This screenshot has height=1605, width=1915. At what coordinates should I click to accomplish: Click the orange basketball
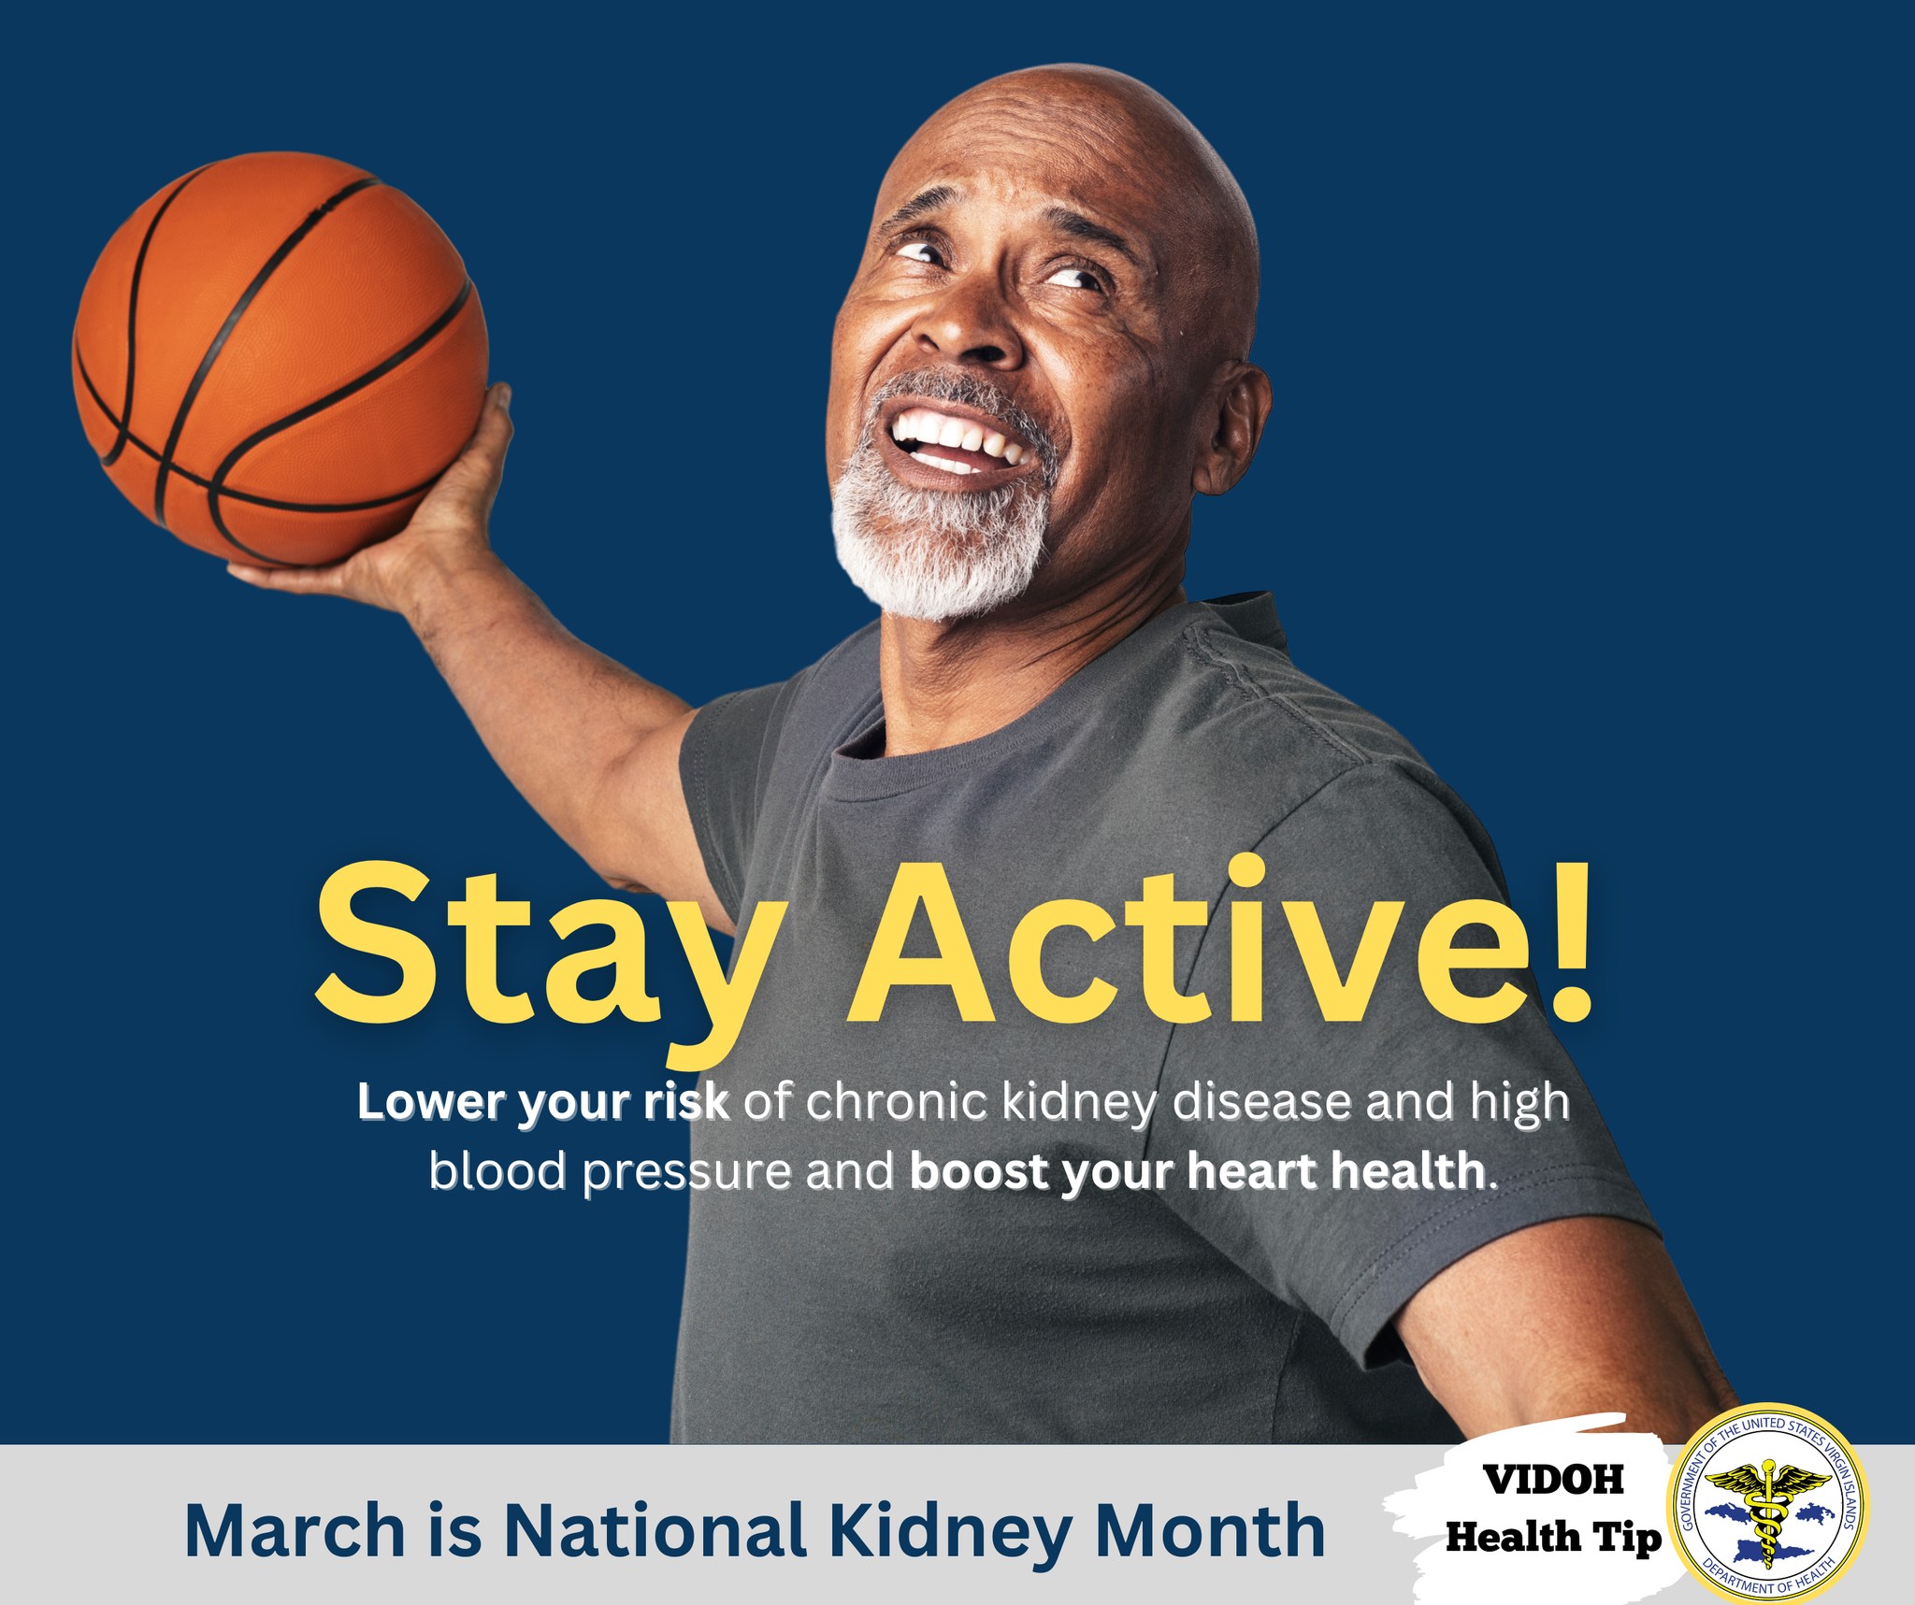pyautogui.click(x=281, y=361)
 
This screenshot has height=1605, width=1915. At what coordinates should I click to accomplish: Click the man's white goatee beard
pyautogui.click(x=940, y=523)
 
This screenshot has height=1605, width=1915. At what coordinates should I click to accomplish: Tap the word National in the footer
pyautogui.click(x=655, y=1529)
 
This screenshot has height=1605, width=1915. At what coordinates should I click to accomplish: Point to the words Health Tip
pyautogui.click(x=1553, y=1537)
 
